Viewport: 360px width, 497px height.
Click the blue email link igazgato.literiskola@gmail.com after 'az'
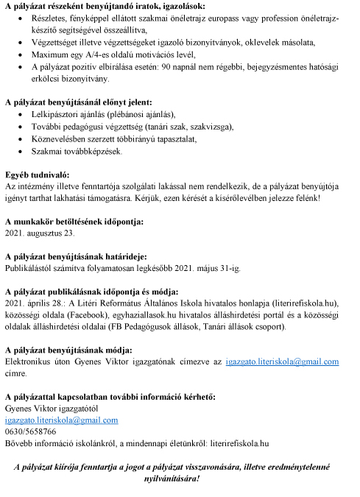(x=282, y=362)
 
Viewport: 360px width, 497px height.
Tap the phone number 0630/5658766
(x=30, y=431)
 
